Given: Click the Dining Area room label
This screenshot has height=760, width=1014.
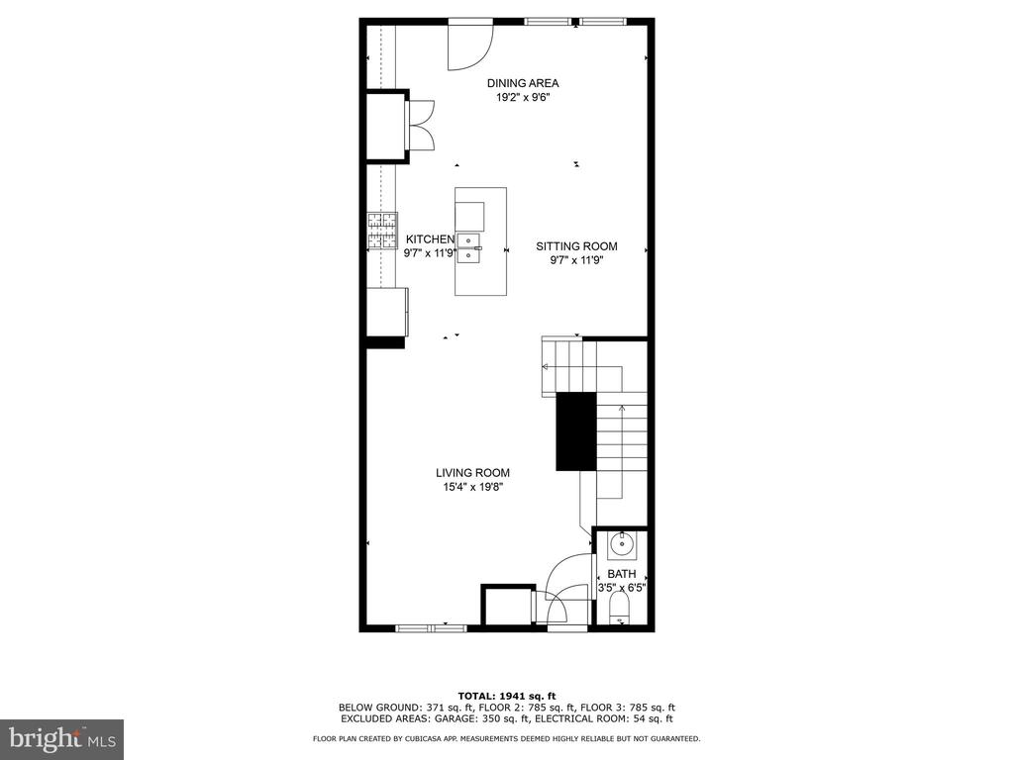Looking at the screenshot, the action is [523, 83].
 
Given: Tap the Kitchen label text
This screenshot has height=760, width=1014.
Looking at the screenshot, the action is [430, 239].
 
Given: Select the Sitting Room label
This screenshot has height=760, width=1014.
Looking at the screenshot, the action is [576, 246].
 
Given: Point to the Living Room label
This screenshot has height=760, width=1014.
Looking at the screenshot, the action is [472, 473].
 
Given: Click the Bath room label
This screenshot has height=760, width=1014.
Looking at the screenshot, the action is [622, 574].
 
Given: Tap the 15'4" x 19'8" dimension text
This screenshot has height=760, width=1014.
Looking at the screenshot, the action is [472, 488].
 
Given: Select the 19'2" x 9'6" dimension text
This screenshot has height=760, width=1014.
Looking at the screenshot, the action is [523, 98].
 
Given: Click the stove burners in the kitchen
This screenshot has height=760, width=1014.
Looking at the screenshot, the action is [381, 232].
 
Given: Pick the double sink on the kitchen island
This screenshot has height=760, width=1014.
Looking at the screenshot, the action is [468, 248].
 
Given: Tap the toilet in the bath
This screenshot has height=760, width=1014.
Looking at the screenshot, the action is [620, 610].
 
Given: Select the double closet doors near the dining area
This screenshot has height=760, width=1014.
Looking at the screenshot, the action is [420, 126].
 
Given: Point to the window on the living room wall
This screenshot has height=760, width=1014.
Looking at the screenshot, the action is [431, 626].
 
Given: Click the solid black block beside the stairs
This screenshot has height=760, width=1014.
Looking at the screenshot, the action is [576, 431].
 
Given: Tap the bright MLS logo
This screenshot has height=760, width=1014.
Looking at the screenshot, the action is [62, 738].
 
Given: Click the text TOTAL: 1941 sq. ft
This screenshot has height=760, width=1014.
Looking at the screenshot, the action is [506, 696].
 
